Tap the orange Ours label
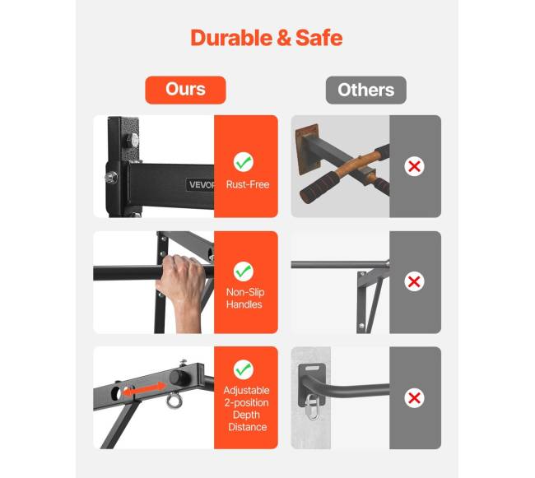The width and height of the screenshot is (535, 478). (186, 90)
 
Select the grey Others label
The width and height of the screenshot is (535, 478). (365, 90)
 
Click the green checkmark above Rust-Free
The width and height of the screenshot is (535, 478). (244, 162)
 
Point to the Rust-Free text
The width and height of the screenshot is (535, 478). (248, 184)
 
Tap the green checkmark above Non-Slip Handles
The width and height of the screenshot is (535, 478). (244, 271)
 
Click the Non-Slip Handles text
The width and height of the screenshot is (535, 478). (245, 299)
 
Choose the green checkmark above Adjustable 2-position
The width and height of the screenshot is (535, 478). (244, 369)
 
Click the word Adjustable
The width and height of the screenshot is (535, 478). (246, 390)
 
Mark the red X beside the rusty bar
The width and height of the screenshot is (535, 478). (414, 166)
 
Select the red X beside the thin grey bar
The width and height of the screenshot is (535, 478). (414, 281)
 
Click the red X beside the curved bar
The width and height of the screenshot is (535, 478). (414, 398)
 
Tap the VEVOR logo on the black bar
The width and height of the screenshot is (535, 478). (201, 185)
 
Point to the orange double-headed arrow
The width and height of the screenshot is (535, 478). (144, 389)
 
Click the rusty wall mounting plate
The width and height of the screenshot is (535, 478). (308, 150)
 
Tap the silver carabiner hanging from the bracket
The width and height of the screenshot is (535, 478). (313, 407)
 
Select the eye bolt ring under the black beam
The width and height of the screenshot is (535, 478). (174, 401)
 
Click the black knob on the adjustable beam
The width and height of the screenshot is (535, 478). (179, 378)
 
